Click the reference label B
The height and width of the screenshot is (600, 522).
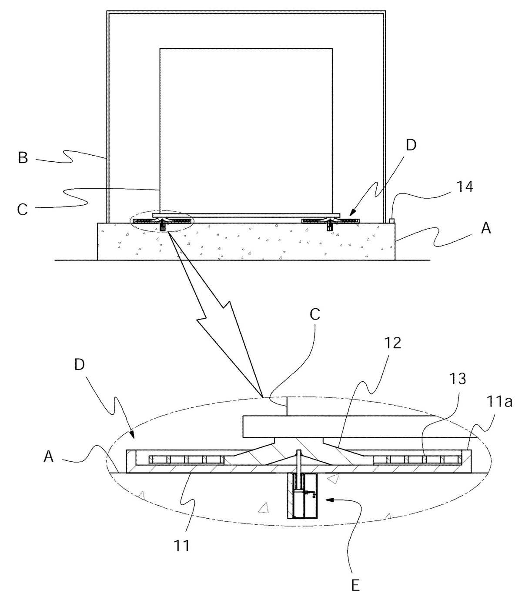tap(23, 157)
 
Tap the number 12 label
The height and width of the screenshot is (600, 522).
tap(392, 342)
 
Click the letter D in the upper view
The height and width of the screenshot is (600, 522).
tap(411, 145)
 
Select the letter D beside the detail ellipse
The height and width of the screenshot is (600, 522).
tap(79, 364)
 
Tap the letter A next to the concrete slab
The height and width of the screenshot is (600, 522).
tap(486, 228)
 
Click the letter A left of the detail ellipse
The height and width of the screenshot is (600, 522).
tap(49, 457)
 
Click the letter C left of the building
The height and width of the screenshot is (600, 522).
tap(23, 210)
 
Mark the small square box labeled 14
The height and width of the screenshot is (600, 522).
tap(392, 220)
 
